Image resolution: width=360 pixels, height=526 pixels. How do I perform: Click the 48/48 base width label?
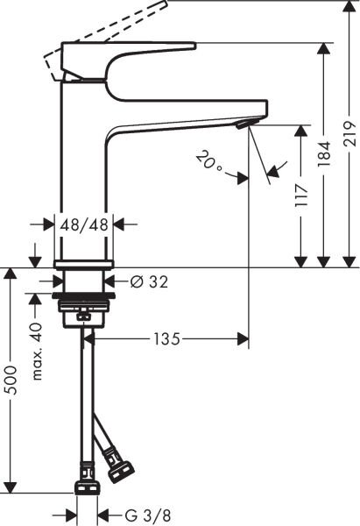click(x=85, y=224)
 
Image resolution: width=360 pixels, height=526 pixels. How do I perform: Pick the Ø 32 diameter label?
click(x=149, y=281)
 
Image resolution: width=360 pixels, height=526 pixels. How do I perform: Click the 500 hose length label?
click(x=11, y=379)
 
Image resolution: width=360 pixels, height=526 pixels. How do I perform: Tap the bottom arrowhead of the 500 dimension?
click(x=11, y=487)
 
